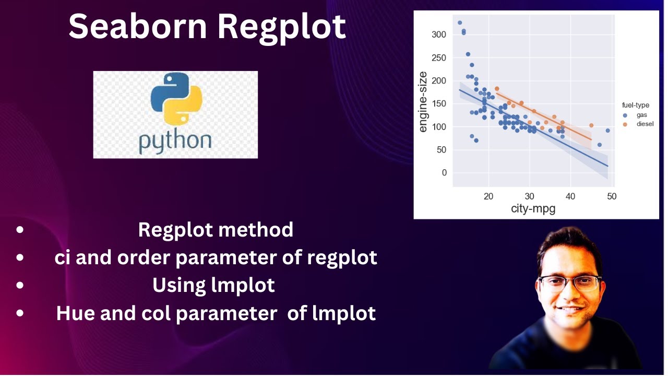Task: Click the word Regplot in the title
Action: point(281,28)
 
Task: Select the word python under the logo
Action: point(175,140)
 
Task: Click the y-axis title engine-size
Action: point(423,101)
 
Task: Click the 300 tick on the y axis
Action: point(439,34)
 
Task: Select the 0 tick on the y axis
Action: point(444,173)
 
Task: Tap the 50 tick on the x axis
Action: point(612,197)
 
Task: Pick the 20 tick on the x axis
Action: point(488,197)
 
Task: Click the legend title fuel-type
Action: point(631,105)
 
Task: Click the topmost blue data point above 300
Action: point(460,22)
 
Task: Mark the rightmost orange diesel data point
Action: point(591,125)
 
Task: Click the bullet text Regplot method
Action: point(216,230)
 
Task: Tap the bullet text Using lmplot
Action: point(213,285)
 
